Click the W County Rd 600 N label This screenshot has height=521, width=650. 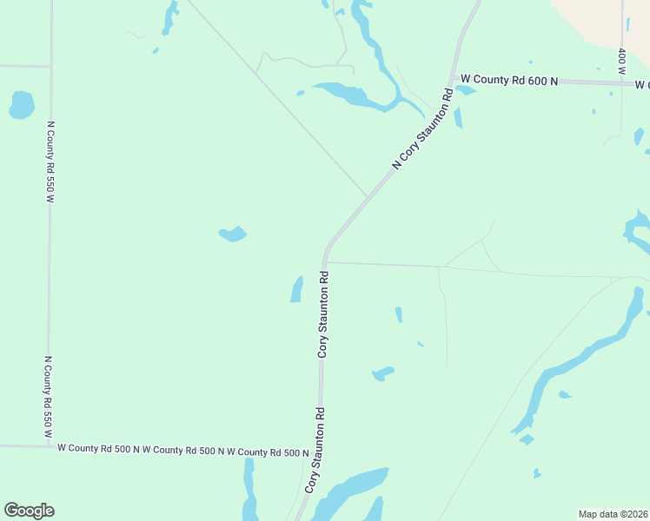508,79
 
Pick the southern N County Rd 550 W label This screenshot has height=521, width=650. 49,395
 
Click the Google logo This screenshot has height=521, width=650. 29,511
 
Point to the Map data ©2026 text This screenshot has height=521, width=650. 612,513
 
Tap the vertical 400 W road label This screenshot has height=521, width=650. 622,61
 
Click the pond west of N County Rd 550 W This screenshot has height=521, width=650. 21,105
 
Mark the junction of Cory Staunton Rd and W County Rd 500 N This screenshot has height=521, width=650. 319,451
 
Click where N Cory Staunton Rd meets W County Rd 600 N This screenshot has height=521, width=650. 452,80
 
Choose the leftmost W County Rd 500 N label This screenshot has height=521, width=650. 98,449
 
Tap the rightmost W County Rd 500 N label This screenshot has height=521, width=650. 268,452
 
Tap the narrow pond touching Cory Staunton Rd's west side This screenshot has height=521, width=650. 296,289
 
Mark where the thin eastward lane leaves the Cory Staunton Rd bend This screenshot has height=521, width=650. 325,261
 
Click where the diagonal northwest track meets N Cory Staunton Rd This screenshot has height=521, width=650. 368,196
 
